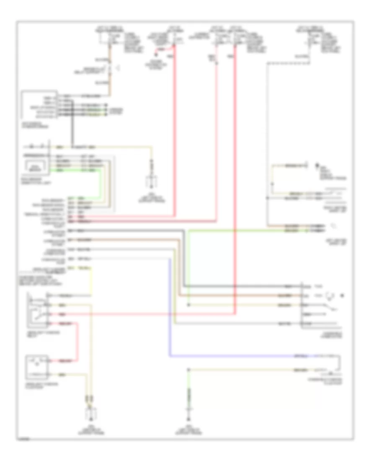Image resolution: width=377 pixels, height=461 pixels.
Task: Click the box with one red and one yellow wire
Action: coord(37,365)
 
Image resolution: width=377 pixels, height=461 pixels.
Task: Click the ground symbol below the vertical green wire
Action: coord(189,415)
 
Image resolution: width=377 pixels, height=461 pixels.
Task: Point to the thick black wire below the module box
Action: coord(72,130)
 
